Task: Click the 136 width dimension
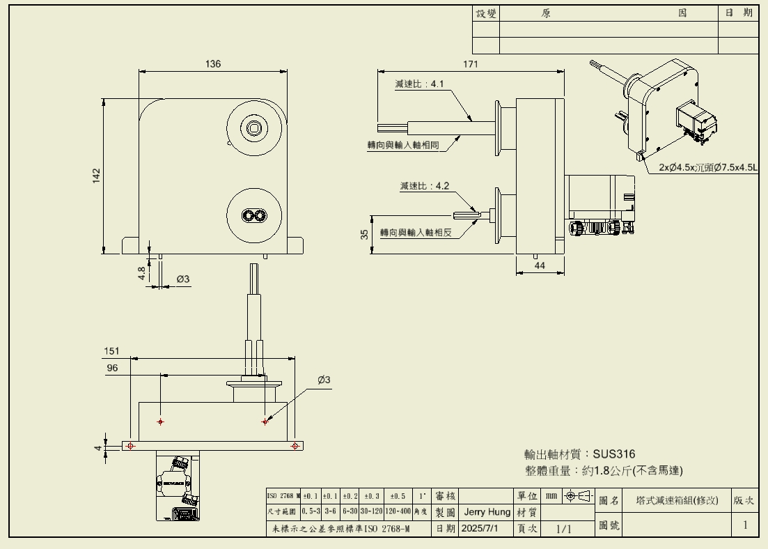click(x=213, y=64)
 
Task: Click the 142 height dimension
click(x=97, y=176)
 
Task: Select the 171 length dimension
click(x=471, y=64)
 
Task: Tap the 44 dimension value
click(x=540, y=265)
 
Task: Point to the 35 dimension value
click(x=364, y=234)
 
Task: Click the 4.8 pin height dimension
click(x=141, y=272)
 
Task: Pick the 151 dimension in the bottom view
click(x=112, y=351)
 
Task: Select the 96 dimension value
click(x=112, y=369)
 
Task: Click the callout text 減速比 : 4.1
click(x=419, y=84)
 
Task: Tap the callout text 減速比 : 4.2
click(x=424, y=186)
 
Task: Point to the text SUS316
click(x=614, y=454)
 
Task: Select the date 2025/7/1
click(x=480, y=529)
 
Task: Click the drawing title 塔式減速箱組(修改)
click(x=677, y=501)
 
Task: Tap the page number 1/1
click(x=563, y=529)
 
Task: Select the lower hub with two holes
click(x=255, y=215)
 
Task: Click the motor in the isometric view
click(x=696, y=120)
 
